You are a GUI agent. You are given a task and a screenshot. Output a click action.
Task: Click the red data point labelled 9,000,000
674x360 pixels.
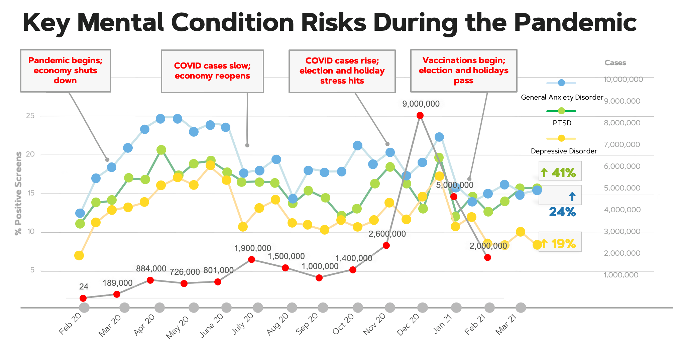tap(420, 116)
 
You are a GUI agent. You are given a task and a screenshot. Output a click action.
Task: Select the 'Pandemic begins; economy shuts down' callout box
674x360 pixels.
tap(66, 71)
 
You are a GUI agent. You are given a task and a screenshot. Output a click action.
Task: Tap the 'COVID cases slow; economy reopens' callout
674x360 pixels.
tap(212, 71)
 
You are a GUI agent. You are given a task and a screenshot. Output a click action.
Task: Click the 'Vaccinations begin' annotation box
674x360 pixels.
tap(464, 71)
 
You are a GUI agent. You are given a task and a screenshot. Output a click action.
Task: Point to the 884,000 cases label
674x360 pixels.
tap(151, 269)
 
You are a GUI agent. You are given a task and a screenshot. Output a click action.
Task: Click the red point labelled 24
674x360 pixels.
tap(83, 298)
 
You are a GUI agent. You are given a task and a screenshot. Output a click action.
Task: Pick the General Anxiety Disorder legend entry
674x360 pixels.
tap(562, 97)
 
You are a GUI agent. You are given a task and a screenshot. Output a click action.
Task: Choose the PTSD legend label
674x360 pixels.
tap(562, 123)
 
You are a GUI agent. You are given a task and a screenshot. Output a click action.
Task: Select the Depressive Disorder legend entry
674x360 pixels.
tap(564, 151)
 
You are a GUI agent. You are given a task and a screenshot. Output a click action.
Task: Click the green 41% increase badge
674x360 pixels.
tap(560, 172)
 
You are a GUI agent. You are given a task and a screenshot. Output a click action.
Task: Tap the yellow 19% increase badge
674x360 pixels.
tap(560, 243)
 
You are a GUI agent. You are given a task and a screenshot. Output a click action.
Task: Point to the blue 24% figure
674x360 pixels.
tap(562, 212)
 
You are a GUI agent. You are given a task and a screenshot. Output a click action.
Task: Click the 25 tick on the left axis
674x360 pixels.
tap(30, 116)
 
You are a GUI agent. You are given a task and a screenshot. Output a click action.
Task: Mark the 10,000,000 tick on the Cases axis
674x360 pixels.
tap(623, 79)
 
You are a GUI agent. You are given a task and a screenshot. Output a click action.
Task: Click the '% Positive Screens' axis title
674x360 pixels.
tap(18, 193)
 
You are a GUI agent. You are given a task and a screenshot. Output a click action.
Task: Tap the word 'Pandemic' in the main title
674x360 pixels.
tap(575, 22)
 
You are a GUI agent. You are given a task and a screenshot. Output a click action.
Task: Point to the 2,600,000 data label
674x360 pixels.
tap(387, 234)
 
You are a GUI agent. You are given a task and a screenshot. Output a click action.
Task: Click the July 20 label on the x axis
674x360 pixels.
tap(243, 324)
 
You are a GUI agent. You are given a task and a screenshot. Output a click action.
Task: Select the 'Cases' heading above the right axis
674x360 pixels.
tap(615, 63)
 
